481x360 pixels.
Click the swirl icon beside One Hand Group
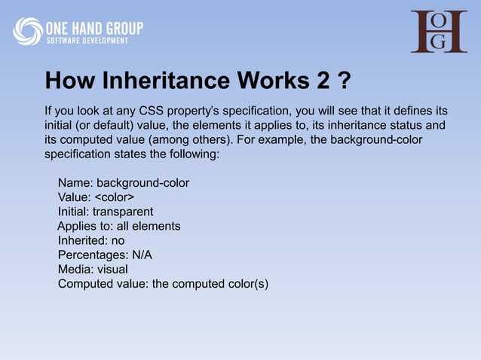click(28, 31)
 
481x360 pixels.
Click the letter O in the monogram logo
click(458, 20)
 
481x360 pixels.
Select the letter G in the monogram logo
click(458, 42)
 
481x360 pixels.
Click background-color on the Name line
click(142, 183)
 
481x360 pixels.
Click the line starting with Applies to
click(119, 226)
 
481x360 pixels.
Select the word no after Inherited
click(118, 240)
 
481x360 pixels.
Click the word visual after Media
click(111, 269)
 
